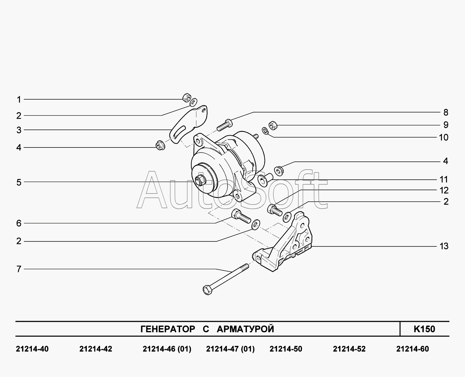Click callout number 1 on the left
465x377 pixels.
coord(19,100)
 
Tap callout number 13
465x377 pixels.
coord(444,246)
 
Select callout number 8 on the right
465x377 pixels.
coord(446,112)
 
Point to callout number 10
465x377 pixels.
coord(444,137)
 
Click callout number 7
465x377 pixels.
coord(19,269)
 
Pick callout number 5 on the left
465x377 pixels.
coord(19,182)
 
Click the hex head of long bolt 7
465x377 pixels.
coord(207,290)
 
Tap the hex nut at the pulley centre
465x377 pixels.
coord(200,181)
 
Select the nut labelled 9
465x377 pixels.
coord(273,125)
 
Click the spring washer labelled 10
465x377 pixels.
coord(265,131)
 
